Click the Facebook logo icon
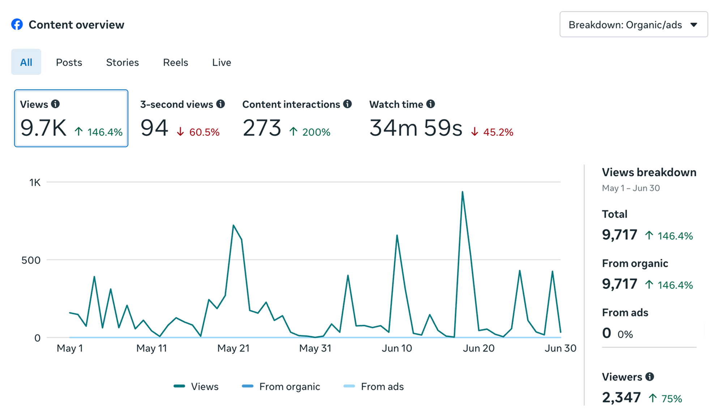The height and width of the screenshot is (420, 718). tap(17, 24)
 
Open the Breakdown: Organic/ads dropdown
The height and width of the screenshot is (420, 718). tap(633, 24)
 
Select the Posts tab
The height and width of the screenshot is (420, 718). tap(69, 62)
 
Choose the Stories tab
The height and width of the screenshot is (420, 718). tap(122, 62)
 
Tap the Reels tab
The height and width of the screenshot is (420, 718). tap(175, 62)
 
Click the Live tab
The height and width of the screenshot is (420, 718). tap(222, 62)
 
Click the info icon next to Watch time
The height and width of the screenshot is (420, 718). tap(431, 104)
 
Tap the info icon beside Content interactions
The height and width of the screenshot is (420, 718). tap(347, 104)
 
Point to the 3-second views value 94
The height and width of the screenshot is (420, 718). tap(154, 128)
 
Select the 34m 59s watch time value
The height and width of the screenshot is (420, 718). tap(416, 128)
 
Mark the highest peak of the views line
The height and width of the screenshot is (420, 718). tap(462, 192)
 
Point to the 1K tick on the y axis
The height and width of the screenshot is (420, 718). tap(35, 182)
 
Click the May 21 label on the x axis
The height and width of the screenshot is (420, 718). tap(233, 348)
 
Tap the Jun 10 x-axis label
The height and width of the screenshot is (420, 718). tap(397, 348)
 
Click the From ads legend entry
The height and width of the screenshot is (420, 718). tap(373, 386)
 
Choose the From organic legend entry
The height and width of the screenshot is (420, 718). tap(281, 386)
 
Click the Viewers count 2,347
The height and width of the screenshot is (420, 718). tap(621, 398)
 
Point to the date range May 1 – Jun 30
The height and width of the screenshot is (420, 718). tap(631, 188)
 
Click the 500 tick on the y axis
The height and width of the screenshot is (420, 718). tap(31, 260)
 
